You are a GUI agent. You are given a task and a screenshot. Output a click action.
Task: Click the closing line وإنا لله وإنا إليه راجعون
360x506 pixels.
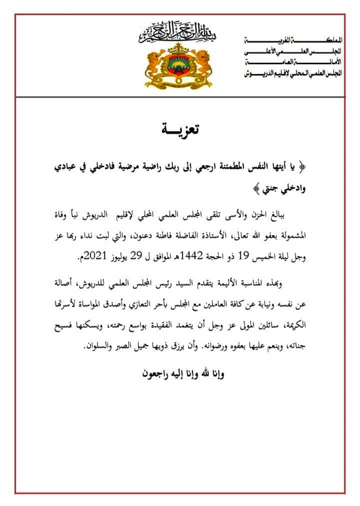pos(180,375)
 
